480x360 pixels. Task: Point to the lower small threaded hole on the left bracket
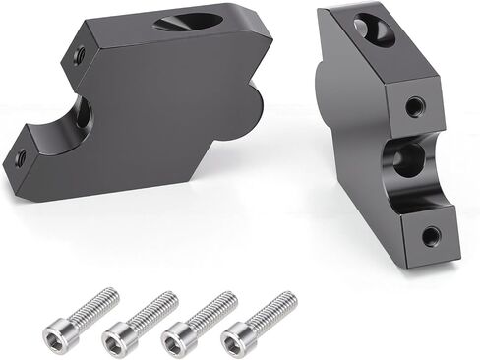(x=19, y=154)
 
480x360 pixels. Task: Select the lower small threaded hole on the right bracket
(x=431, y=235)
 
